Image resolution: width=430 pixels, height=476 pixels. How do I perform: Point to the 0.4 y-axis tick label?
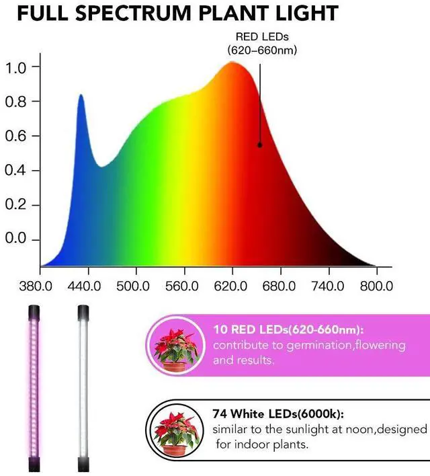15,170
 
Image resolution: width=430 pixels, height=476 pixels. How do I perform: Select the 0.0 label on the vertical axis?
15,239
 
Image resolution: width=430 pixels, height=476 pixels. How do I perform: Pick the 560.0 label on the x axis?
182,286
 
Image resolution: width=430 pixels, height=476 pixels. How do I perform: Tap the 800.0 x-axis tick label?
376,286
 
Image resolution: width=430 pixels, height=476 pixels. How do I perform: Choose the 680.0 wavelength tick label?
279,286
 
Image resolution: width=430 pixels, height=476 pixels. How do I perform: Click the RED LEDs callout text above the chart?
261,43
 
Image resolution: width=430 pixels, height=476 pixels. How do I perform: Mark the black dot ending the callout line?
259,145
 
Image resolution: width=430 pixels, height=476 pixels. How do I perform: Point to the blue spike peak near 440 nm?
81,96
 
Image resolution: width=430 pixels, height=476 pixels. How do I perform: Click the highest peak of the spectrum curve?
232,63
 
